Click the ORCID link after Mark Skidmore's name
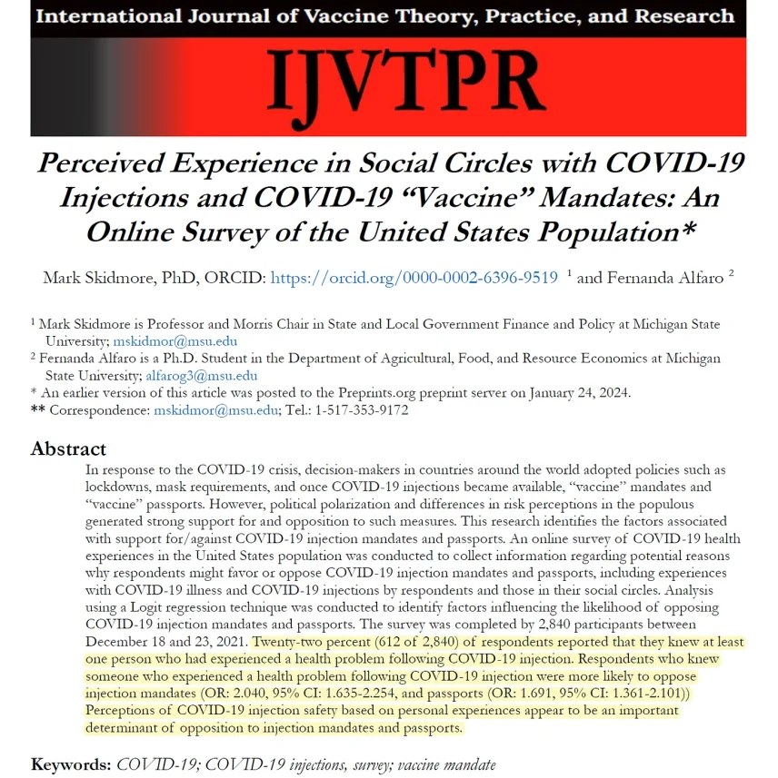(x=414, y=278)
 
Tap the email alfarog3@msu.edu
(x=202, y=376)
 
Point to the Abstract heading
(x=68, y=448)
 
